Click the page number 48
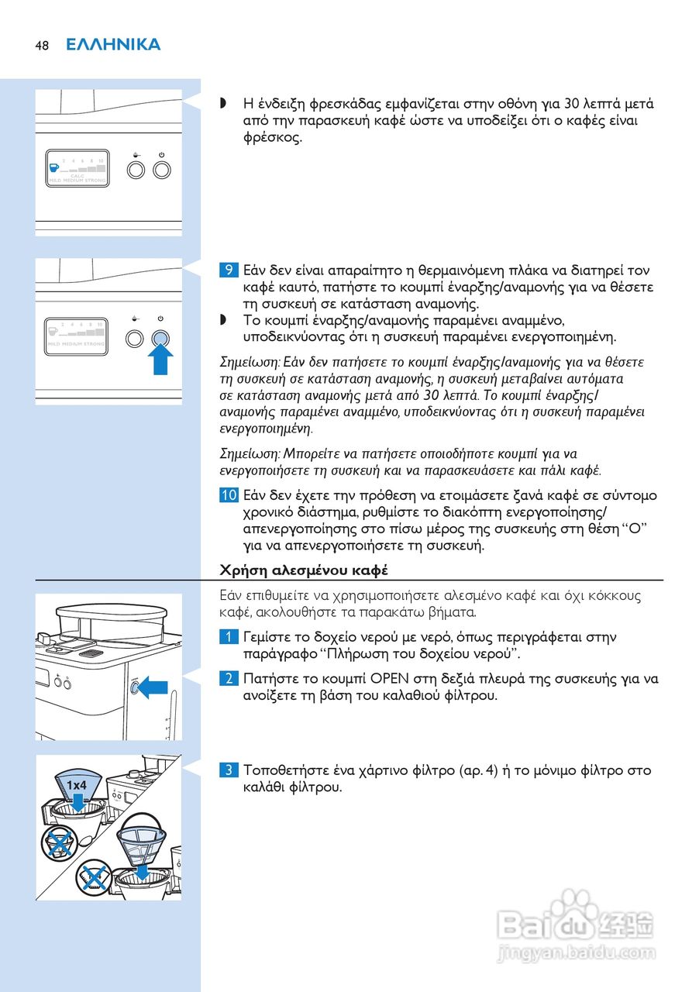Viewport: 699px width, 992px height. point(41,45)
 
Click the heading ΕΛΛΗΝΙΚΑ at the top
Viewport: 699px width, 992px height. point(113,44)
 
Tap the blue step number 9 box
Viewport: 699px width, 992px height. point(229,270)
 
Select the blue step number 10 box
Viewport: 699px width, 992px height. point(229,495)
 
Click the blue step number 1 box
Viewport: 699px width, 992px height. point(229,637)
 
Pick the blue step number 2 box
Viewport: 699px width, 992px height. point(229,679)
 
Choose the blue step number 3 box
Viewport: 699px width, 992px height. point(229,770)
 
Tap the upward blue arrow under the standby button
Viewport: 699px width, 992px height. point(161,361)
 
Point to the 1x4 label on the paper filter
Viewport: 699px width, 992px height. point(76,785)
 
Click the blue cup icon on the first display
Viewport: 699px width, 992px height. point(53,166)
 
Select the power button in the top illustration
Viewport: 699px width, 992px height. point(161,168)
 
